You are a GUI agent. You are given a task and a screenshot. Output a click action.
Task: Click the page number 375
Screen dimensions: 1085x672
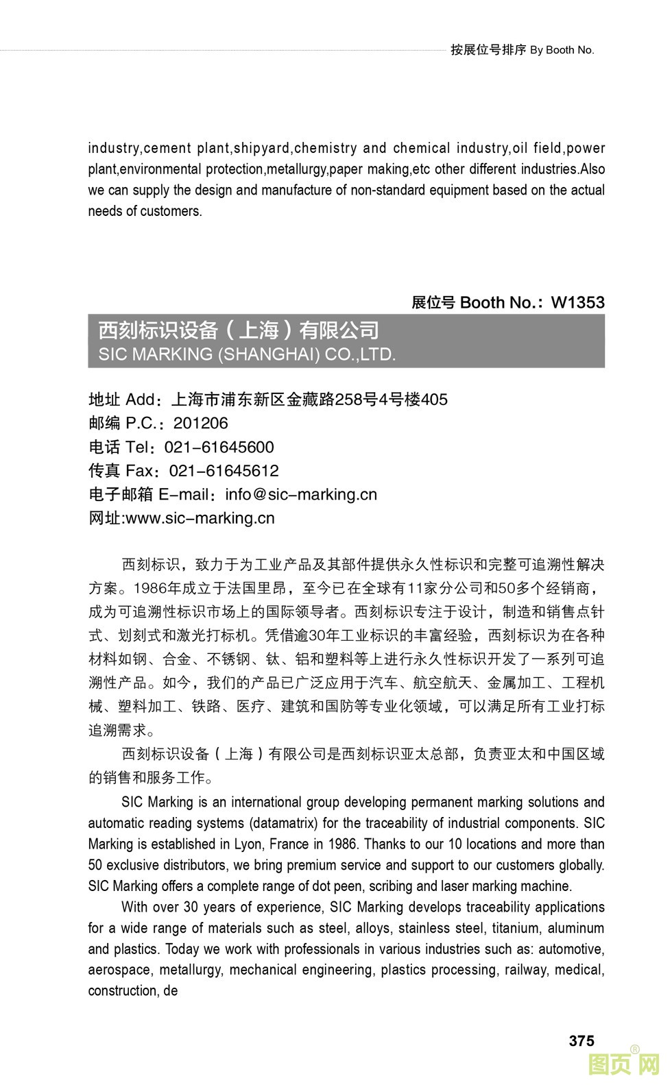pyautogui.click(x=581, y=1040)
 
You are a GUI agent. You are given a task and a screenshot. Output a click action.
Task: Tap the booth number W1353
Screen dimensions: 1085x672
pyautogui.click(x=577, y=302)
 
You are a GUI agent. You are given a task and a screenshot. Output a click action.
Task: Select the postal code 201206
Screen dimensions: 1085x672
pyautogui.click(x=200, y=423)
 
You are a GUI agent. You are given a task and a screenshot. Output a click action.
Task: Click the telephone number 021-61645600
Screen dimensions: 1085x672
pyautogui.click(x=219, y=447)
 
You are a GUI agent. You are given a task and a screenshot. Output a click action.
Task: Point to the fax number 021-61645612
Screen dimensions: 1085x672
pyautogui.click(x=224, y=471)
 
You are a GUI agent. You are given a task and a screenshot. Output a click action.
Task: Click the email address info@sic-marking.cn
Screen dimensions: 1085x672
pyautogui.click(x=301, y=494)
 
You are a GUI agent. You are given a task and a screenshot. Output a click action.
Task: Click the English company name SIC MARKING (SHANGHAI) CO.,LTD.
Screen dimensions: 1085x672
pyautogui.click(x=247, y=354)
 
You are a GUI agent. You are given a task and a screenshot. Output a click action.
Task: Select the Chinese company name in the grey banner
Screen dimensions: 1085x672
pyautogui.click(x=239, y=330)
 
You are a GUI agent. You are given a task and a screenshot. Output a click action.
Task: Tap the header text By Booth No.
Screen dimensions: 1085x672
pyautogui.click(x=562, y=50)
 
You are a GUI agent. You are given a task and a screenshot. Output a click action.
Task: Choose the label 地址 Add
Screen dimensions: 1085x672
pyautogui.click(x=121, y=400)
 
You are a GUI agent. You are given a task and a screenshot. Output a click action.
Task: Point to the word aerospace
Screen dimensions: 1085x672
pyautogui.click(x=119, y=970)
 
